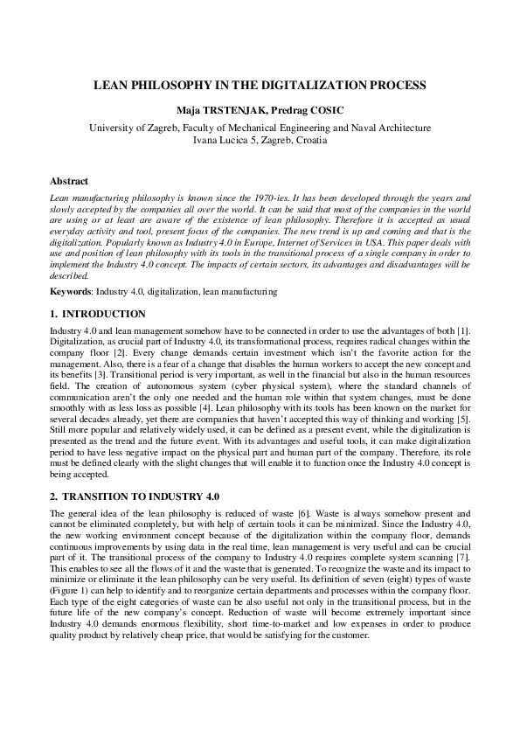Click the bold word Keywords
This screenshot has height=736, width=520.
point(71,291)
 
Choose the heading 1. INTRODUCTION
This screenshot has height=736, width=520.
point(98,313)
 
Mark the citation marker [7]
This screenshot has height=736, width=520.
point(464,558)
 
